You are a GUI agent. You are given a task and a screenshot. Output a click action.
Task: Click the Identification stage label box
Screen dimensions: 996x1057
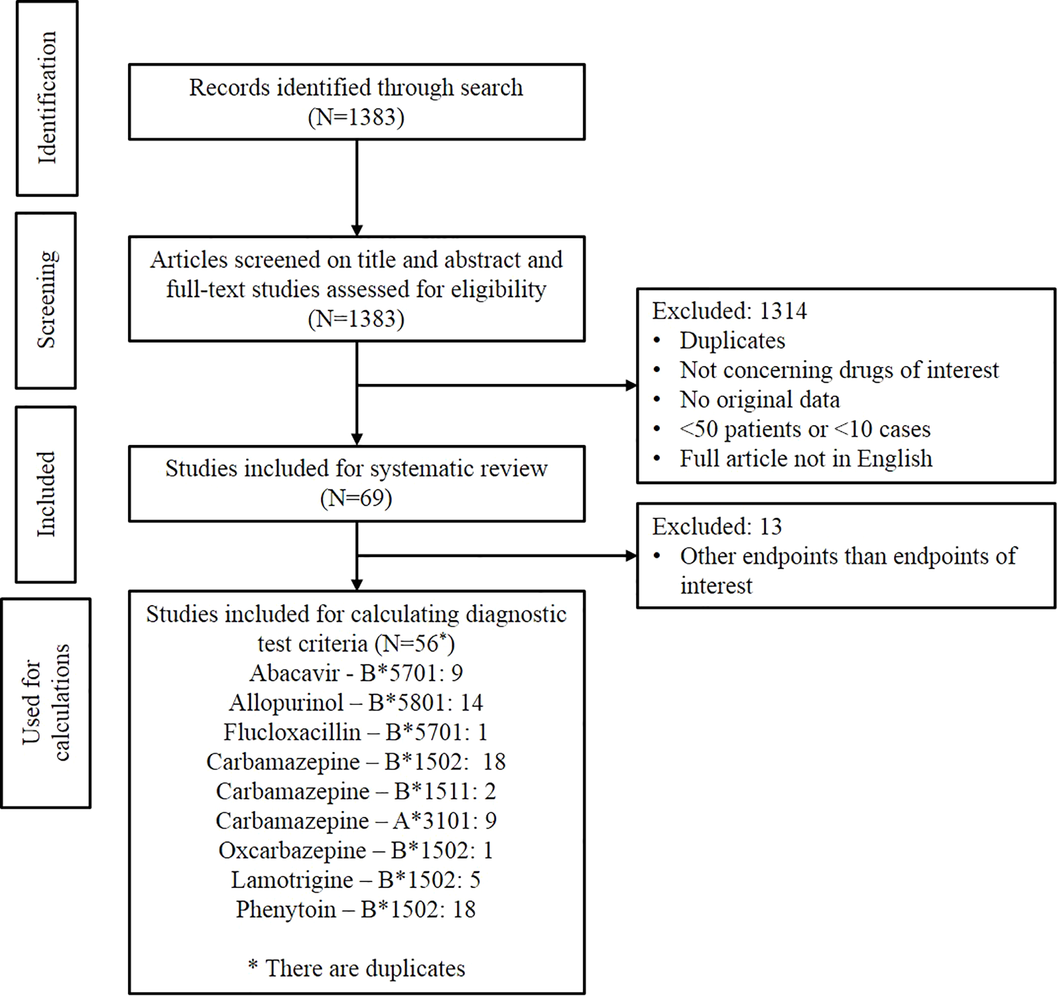click(47, 98)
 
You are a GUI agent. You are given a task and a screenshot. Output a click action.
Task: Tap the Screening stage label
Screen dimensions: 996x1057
click(46, 301)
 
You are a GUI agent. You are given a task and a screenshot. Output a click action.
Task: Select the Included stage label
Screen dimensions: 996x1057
click(46, 494)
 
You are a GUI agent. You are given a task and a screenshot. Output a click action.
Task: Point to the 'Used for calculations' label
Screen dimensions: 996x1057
click(46, 703)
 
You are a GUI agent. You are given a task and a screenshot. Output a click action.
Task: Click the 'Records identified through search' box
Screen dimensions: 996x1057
click(356, 102)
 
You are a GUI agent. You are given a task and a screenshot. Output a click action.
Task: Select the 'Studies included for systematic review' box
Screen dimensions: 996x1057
click(356, 483)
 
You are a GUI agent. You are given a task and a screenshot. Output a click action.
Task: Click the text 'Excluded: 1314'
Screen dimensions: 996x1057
click(729, 311)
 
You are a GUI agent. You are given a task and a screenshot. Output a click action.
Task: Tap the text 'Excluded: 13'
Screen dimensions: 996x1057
click(717, 526)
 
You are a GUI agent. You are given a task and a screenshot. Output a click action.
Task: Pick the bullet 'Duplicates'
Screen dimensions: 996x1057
click(732, 340)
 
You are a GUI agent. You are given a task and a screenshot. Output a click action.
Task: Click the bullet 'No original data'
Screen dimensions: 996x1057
click(760, 400)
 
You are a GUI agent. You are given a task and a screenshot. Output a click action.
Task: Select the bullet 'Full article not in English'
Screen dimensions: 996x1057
click(806, 458)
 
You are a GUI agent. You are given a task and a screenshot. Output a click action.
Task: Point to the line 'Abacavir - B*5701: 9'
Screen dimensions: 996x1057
click(356, 673)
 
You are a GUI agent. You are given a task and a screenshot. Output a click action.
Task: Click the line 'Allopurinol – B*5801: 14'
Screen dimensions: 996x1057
click(356, 703)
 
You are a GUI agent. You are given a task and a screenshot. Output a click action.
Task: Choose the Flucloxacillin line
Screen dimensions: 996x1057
click(356, 732)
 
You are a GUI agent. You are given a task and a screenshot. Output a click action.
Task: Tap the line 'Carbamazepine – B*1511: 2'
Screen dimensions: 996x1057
click(356, 791)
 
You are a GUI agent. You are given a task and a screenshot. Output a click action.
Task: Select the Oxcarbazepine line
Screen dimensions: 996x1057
click(356, 850)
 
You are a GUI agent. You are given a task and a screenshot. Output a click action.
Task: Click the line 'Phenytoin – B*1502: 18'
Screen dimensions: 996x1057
click(356, 909)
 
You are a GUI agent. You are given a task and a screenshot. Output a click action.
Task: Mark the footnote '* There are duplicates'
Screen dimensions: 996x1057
click(356, 968)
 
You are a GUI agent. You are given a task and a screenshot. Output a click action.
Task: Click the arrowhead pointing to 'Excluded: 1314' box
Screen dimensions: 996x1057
click(631, 386)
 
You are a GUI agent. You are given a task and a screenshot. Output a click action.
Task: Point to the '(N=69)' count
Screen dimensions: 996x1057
click(356, 498)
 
